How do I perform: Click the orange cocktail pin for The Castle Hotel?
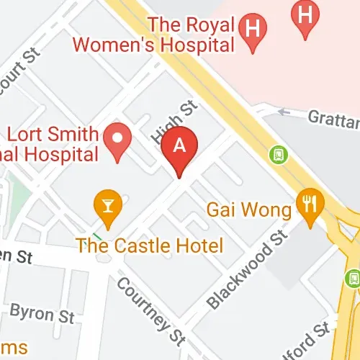click(x=108, y=206)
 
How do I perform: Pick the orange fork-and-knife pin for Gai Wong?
click(x=310, y=206)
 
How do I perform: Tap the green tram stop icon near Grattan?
click(x=276, y=153)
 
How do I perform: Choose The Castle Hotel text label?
click(x=150, y=244)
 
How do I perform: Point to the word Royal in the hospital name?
click(x=215, y=23)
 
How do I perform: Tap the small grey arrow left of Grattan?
click(x=283, y=112)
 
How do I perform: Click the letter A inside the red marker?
click(x=180, y=143)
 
